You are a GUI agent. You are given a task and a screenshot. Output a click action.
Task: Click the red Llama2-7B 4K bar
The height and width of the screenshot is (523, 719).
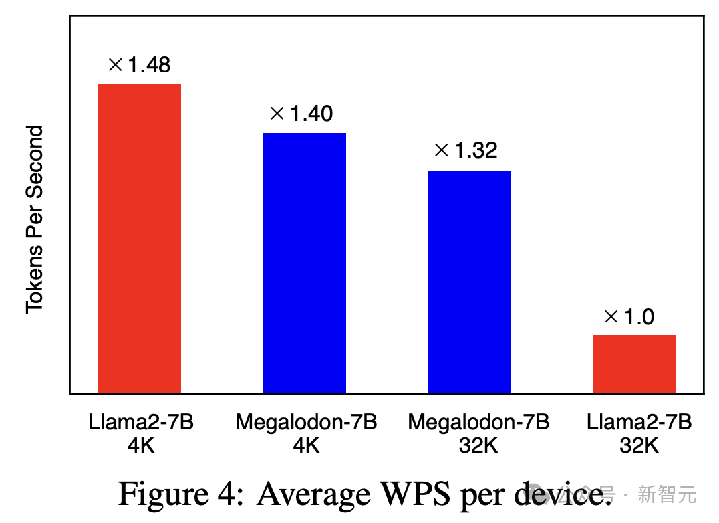click(x=140, y=238)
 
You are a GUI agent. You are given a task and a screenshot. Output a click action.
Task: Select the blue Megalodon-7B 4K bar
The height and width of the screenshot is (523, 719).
click(x=305, y=263)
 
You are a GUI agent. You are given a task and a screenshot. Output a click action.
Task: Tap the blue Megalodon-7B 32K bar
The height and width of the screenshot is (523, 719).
click(x=469, y=282)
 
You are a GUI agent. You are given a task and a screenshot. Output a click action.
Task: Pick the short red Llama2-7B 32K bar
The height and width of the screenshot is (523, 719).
click(x=633, y=364)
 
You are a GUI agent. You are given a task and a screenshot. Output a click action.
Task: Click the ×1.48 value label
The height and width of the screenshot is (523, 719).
click(x=139, y=65)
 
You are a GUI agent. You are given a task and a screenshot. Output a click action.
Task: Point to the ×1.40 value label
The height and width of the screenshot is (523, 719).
click(x=301, y=114)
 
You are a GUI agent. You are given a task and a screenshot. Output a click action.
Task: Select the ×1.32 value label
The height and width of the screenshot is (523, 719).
click(x=466, y=150)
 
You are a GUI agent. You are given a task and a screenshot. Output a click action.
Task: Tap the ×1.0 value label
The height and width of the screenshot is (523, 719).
click(x=629, y=317)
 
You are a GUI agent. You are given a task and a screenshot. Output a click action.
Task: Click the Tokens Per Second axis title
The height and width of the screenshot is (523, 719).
click(x=35, y=219)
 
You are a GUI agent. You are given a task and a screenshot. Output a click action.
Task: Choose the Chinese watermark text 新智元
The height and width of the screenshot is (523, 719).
click(x=667, y=496)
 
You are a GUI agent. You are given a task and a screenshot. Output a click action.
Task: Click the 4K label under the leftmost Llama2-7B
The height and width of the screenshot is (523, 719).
click(x=141, y=445)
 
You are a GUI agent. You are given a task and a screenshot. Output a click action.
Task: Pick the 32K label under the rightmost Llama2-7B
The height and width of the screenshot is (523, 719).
click(x=639, y=445)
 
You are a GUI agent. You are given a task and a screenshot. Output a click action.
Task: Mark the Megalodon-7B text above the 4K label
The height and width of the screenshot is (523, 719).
click(x=306, y=423)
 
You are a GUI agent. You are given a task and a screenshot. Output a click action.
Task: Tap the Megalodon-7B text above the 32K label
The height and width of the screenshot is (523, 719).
click(x=478, y=423)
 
